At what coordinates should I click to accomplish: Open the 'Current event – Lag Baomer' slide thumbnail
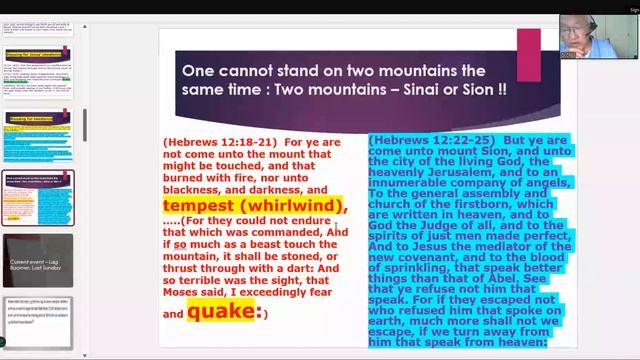point(38,259)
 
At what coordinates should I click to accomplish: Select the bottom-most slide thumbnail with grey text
point(38,321)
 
